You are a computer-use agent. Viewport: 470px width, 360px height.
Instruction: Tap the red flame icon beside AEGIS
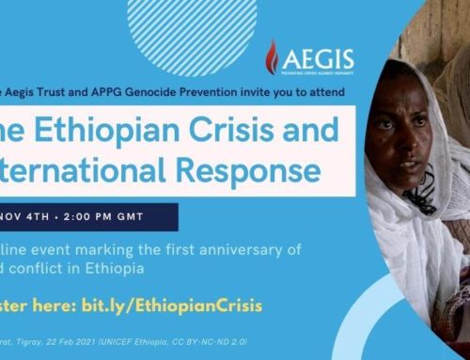coord(271,56)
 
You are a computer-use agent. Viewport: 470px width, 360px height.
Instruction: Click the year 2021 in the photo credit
coord(105,348)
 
